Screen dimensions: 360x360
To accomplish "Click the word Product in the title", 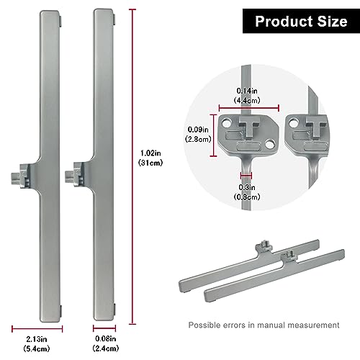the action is pyautogui.click(x=284, y=22).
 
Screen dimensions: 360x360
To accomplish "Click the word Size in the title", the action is pyautogui.click(x=333, y=22).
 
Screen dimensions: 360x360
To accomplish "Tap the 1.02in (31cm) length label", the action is pyautogui.click(x=150, y=158).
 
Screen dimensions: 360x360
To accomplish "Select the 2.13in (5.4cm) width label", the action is pyautogui.click(x=37, y=343).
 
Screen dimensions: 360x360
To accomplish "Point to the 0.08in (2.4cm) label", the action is pyautogui.click(x=106, y=343).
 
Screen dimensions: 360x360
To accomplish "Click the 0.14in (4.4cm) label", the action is pyautogui.click(x=247, y=96).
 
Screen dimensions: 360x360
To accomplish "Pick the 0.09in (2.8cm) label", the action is pyautogui.click(x=198, y=134).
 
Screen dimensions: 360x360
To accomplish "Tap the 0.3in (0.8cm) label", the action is pyautogui.click(x=247, y=192).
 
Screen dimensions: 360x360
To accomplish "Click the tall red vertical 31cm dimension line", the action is pyautogui.click(x=132, y=167).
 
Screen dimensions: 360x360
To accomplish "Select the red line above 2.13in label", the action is pyautogui.click(x=37, y=329).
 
